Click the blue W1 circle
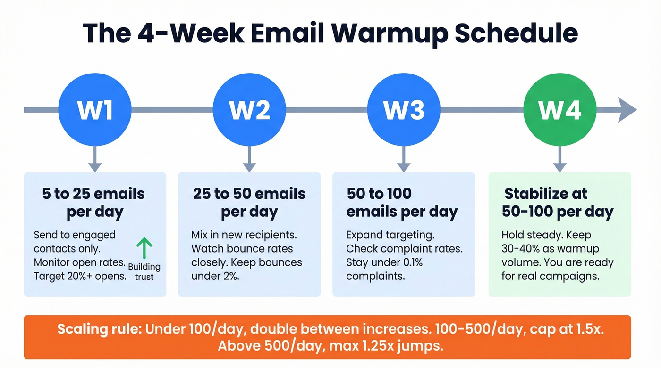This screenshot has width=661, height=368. (95, 109)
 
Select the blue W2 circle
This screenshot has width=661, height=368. (249, 109)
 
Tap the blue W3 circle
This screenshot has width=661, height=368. (404, 109)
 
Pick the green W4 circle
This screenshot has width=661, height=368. (559, 109)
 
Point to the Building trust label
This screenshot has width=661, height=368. (144, 272)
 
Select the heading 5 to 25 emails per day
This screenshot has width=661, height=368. (94, 203)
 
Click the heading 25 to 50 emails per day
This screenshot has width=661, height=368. (249, 203)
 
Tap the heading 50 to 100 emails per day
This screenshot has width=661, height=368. (402, 203)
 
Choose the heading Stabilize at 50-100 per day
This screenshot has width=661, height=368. (558, 203)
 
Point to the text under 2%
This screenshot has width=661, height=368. (215, 276)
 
